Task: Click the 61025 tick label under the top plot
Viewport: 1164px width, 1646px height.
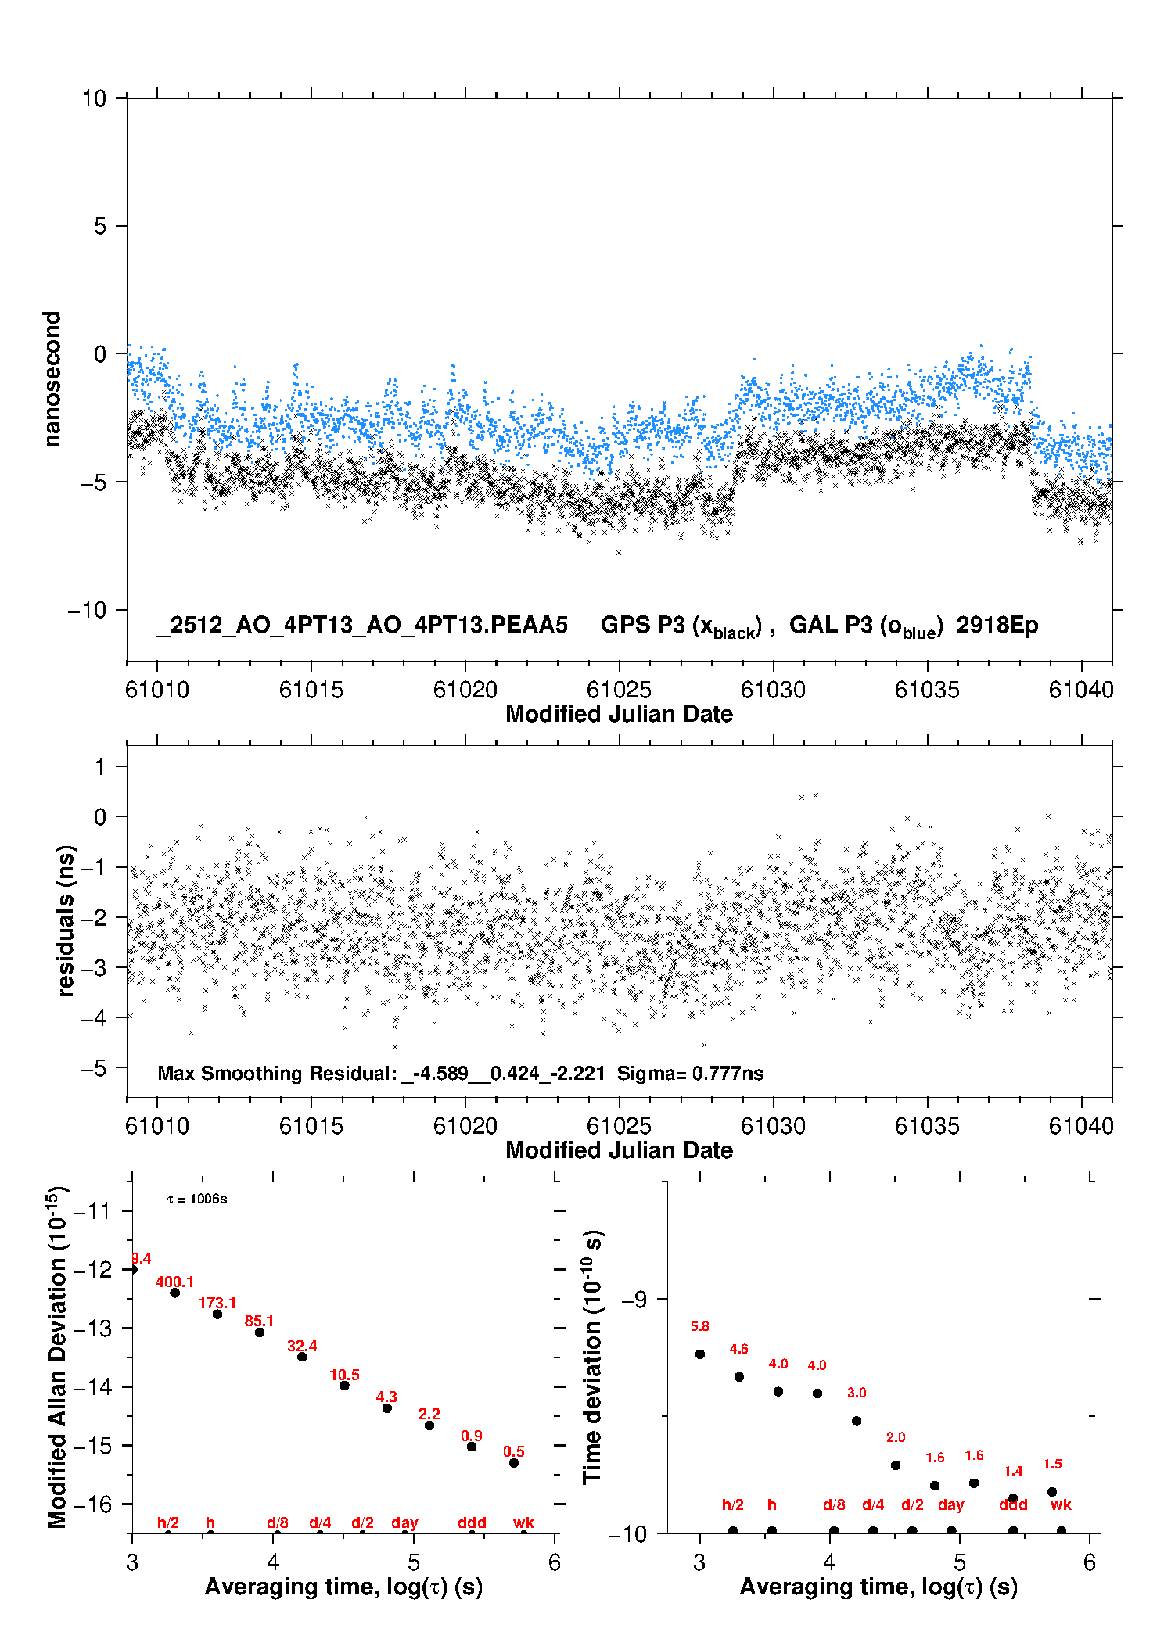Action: click(619, 690)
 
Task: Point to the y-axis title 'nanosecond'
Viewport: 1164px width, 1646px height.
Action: click(52, 379)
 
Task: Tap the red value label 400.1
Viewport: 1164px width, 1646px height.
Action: click(174, 1282)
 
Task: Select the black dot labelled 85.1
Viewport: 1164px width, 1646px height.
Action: click(260, 1332)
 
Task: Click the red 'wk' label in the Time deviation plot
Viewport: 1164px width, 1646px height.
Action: click(1061, 1504)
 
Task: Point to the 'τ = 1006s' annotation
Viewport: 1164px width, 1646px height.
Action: click(197, 1200)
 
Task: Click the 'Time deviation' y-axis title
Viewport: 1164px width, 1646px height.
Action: click(592, 1357)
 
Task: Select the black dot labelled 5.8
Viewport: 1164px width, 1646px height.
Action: click(700, 1354)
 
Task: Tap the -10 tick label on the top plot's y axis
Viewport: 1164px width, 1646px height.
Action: click(86, 610)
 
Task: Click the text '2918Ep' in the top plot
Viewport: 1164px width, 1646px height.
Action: click(997, 626)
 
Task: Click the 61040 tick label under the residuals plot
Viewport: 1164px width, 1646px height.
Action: click(1081, 1126)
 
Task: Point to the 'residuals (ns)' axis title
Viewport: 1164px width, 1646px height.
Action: click(66, 920)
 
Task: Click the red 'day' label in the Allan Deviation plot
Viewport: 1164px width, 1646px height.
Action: click(404, 1522)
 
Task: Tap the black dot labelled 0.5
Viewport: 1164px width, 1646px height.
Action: click(514, 1463)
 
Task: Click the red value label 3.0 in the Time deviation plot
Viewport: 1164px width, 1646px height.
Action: click(857, 1393)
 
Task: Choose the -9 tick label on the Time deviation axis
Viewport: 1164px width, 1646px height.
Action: click(634, 1299)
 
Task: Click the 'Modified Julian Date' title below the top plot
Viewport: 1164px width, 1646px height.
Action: click(619, 714)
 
